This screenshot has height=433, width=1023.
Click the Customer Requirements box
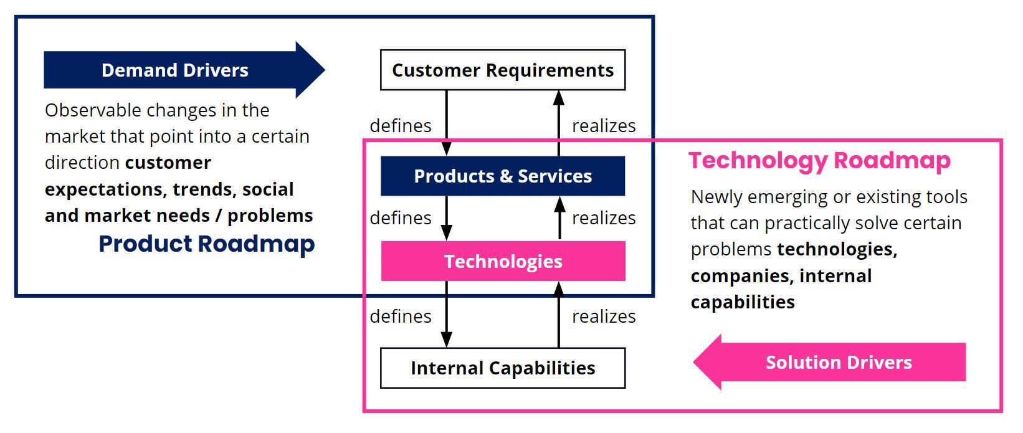(x=503, y=70)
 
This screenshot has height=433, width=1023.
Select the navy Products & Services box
(x=503, y=176)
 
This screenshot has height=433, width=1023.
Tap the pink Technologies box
(x=503, y=262)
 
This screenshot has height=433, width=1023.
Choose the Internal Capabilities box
(x=503, y=368)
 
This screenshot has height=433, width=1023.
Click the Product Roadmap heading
(x=207, y=244)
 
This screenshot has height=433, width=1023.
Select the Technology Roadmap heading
(x=819, y=161)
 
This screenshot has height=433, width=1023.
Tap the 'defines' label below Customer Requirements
(x=401, y=126)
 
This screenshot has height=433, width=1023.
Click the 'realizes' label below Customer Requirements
(x=604, y=126)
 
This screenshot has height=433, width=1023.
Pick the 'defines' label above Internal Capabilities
(x=401, y=316)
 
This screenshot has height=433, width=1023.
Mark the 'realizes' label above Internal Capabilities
(x=604, y=316)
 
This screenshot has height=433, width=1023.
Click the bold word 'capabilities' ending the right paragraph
(x=743, y=302)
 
